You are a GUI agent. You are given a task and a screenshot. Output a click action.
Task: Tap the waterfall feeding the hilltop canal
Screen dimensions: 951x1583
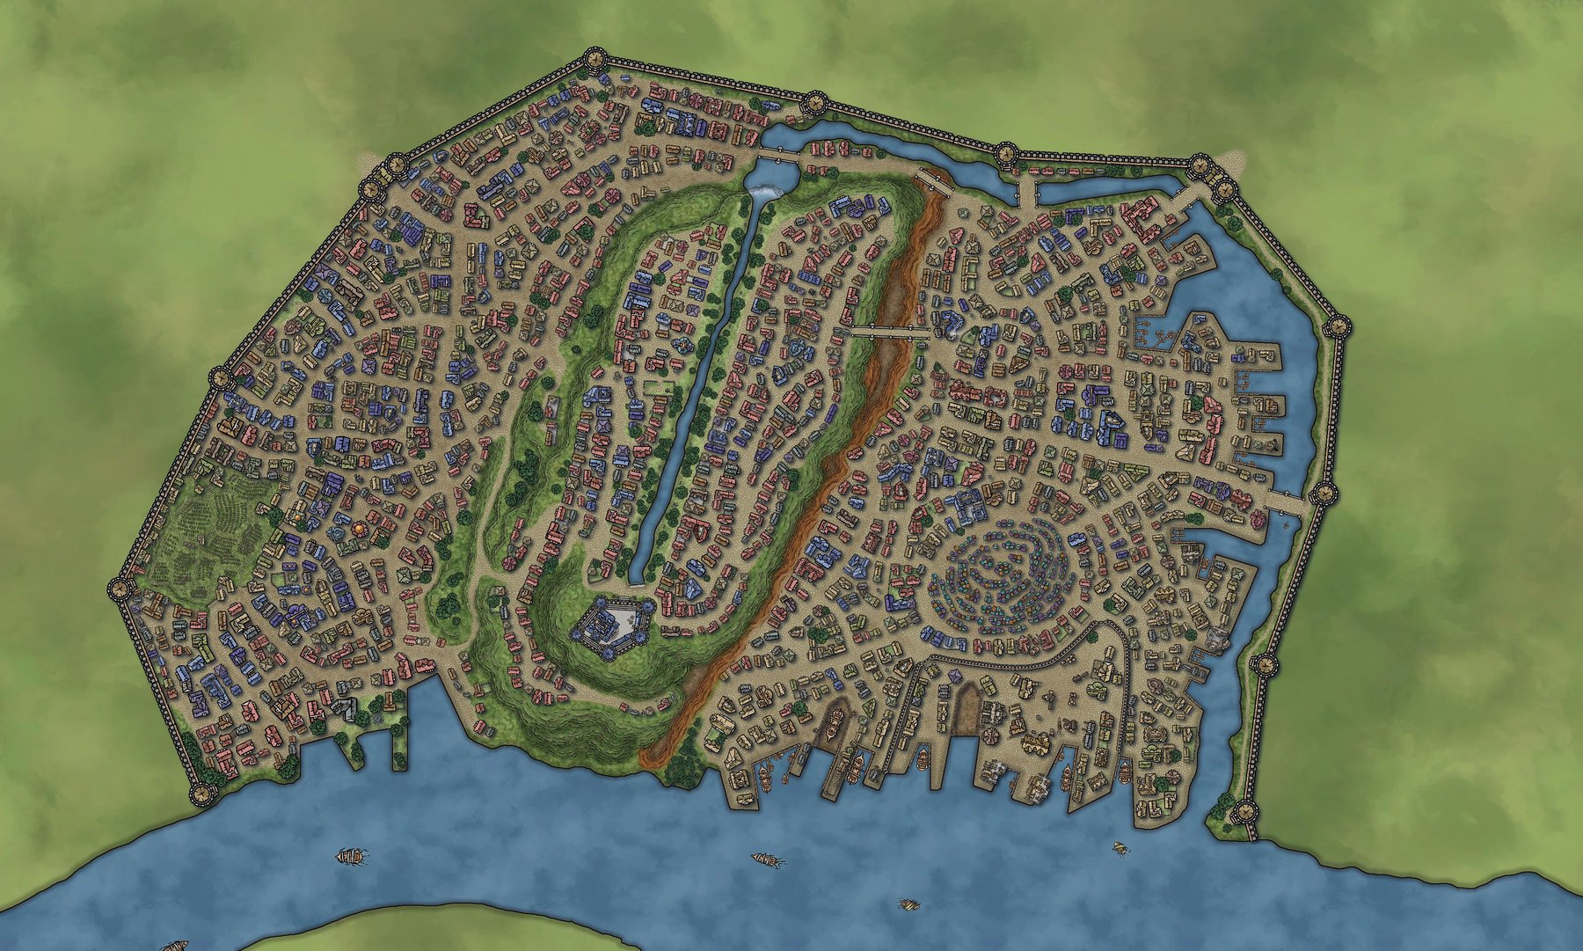pyautogui.click(x=766, y=190)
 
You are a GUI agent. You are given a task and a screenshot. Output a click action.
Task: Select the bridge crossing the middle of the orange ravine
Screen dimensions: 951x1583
pyautogui.click(x=886, y=331)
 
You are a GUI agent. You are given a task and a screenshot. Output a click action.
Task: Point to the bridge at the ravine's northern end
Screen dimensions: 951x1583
pyautogui.click(x=933, y=180)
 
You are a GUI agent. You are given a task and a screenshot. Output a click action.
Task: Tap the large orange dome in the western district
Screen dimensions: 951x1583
pyautogui.click(x=360, y=528)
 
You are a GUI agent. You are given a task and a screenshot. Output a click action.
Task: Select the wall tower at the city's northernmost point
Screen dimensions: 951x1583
pyautogui.click(x=595, y=60)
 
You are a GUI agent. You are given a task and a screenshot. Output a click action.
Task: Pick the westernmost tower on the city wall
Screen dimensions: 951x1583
pyautogui.click(x=118, y=589)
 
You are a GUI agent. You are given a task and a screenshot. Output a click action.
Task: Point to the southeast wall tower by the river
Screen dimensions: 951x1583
pyautogui.click(x=1245, y=811)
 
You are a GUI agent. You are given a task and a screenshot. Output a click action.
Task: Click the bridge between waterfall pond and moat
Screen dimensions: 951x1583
pyautogui.click(x=777, y=155)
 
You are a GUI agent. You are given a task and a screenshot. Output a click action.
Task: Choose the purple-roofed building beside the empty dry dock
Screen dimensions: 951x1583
pyautogui.click(x=955, y=676)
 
